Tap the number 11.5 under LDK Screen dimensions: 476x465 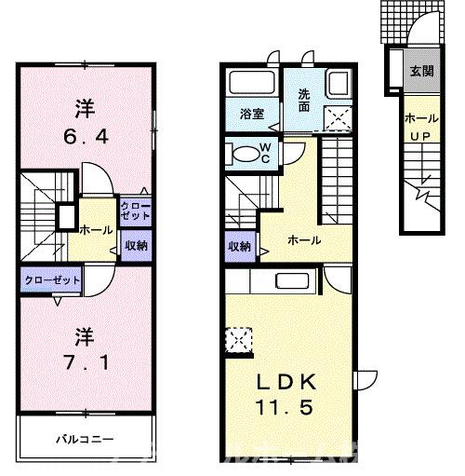(x=289, y=407)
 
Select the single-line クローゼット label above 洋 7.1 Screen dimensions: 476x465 (x=53, y=279)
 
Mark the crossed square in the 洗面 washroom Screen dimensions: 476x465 (x=336, y=116)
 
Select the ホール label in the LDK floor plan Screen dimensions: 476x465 (x=304, y=240)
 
